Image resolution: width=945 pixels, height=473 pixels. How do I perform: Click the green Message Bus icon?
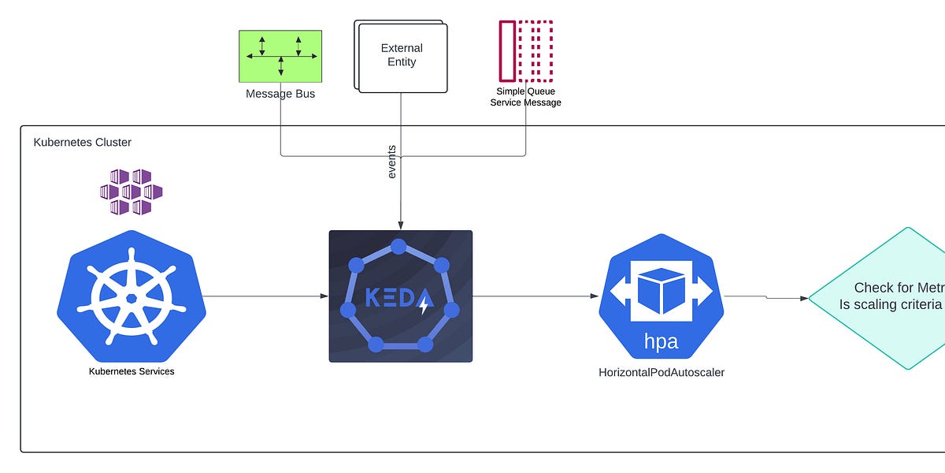click(x=280, y=56)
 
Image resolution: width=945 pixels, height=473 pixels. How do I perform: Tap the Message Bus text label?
click(x=280, y=95)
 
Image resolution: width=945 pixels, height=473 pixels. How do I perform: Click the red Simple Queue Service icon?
click(x=526, y=50)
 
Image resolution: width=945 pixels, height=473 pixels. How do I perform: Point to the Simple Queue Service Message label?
click(x=526, y=97)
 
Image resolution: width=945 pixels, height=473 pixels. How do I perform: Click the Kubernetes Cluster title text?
click(x=83, y=143)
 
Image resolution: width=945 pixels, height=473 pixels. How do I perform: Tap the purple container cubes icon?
click(x=131, y=192)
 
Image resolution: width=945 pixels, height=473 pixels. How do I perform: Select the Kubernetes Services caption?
click(x=132, y=371)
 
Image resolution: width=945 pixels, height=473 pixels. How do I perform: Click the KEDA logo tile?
click(x=400, y=296)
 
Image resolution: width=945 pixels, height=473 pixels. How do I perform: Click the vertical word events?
click(x=392, y=162)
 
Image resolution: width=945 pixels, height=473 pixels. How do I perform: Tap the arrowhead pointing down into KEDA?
click(x=401, y=225)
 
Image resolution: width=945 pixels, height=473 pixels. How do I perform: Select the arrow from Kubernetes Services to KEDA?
click(x=268, y=296)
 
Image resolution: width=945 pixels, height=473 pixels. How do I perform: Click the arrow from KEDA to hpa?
click(x=535, y=296)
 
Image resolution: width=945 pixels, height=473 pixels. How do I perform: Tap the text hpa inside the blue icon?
click(x=660, y=341)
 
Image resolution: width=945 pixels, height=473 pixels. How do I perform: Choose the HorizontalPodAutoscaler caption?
click(x=661, y=372)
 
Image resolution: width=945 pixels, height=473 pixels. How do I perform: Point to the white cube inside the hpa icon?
click(x=660, y=291)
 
